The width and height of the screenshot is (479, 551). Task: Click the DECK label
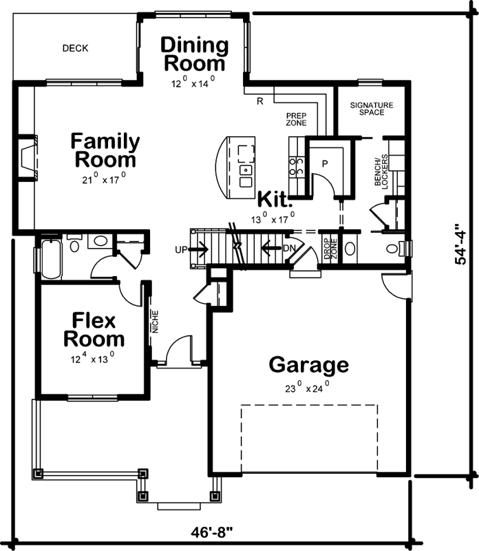(75, 48)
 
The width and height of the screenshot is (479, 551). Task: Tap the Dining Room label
(194, 55)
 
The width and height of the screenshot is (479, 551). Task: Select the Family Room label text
(105, 151)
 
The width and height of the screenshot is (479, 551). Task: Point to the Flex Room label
(94, 330)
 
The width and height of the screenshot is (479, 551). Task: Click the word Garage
(308, 364)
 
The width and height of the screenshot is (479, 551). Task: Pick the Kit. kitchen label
(275, 200)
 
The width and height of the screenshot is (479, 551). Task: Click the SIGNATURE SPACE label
(371, 108)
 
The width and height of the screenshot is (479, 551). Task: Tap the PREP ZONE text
(296, 120)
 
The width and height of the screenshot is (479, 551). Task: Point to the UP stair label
(181, 249)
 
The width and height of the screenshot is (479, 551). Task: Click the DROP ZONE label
(330, 249)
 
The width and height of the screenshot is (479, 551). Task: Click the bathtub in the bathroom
(51, 258)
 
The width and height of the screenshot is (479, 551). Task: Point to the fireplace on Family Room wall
(27, 157)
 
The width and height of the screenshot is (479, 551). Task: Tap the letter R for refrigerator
(260, 101)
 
